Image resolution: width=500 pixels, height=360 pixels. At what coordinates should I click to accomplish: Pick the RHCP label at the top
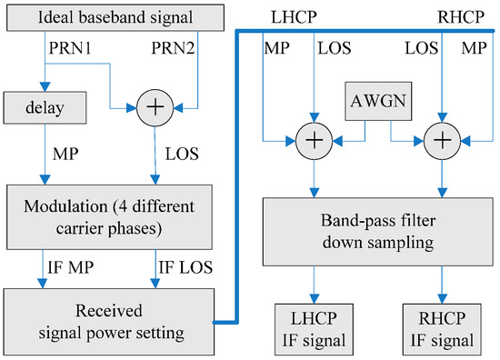pyautogui.click(x=459, y=15)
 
